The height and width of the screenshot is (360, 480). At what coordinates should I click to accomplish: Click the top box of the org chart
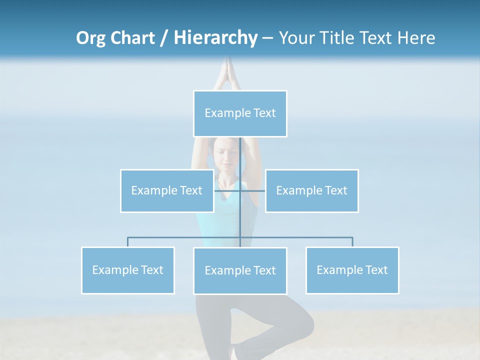click(240, 113)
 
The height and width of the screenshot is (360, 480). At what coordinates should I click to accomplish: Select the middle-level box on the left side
click(166, 190)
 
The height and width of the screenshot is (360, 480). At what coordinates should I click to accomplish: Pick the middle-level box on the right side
click(311, 190)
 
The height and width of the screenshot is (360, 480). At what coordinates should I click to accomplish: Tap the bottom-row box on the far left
click(127, 270)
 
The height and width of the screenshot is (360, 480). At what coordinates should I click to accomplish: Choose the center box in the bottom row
click(240, 270)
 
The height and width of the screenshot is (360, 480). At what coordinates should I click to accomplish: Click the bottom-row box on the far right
click(352, 270)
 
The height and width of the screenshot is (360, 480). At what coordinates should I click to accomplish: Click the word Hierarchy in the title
click(215, 37)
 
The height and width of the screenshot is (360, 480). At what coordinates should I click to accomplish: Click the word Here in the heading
click(416, 38)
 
